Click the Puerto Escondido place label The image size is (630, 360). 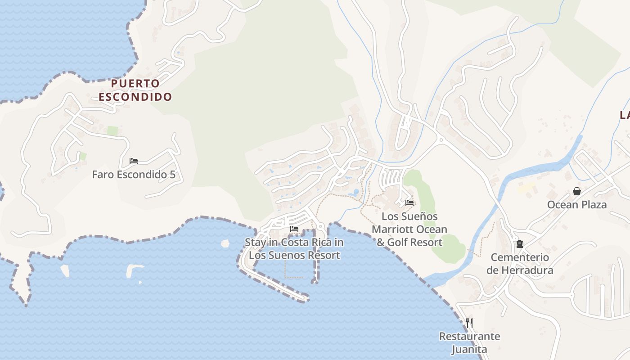(x=135, y=90)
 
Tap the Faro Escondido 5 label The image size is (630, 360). (x=134, y=174)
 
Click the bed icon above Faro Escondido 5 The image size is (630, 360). (x=134, y=161)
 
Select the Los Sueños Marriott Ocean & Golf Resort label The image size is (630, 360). (x=409, y=229)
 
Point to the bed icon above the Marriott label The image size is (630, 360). (x=409, y=203)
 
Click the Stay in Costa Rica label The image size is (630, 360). (x=294, y=249)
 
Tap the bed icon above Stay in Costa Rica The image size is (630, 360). (x=294, y=229)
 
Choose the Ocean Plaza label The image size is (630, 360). (x=577, y=205)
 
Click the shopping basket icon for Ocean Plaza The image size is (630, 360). (x=577, y=191)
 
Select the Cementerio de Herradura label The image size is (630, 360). (x=520, y=264)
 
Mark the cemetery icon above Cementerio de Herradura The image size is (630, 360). (x=520, y=244)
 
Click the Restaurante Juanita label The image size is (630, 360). (x=469, y=342)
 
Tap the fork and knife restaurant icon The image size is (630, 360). (x=469, y=323)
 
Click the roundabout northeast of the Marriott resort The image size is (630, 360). (x=441, y=140)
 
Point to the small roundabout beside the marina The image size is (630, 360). (x=320, y=226)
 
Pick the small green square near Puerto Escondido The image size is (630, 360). (x=112, y=131)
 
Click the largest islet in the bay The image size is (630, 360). (x=134, y=270)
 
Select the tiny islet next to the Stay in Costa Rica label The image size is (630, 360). (x=225, y=243)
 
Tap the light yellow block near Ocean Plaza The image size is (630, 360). (x=526, y=188)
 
